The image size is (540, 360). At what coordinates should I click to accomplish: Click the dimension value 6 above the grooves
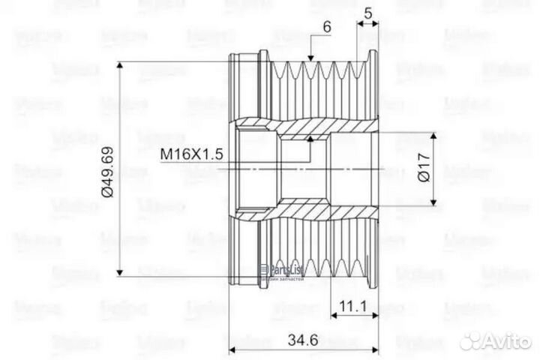click(x=327, y=25)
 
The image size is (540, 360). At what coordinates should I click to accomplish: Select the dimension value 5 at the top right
click(x=367, y=12)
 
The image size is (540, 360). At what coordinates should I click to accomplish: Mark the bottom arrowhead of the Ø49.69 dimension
click(x=121, y=276)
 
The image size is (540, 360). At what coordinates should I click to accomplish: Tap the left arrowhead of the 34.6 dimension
click(x=233, y=349)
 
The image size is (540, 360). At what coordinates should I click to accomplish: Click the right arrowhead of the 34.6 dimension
click(x=377, y=349)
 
